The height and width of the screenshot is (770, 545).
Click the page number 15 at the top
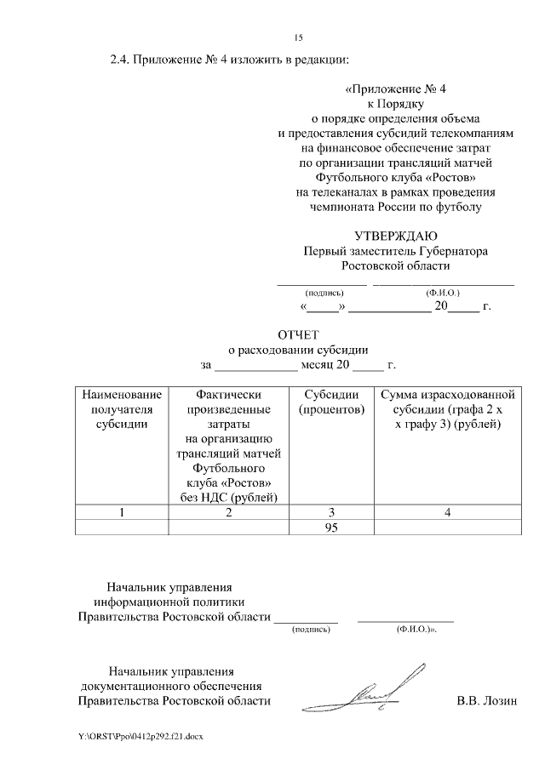click(298, 37)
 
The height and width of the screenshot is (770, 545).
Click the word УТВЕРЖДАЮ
click(395, 236)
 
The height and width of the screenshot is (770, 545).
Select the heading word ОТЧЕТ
click(297, 334)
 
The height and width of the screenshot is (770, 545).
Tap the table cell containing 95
click(332, 528)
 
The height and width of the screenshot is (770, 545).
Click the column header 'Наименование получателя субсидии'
click(122, 409)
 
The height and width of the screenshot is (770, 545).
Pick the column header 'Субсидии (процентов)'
click(332, 402)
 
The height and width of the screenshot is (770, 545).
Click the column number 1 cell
click(122, 512)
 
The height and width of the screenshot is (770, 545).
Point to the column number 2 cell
click(228, 512)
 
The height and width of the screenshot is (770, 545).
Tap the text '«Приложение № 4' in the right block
click(395, 88)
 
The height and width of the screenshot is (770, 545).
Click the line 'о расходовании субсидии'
click(297, 350)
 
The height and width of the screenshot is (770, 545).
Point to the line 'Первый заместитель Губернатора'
click(395, 251)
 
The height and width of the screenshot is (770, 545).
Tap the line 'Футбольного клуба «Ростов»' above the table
click(395, 178)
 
